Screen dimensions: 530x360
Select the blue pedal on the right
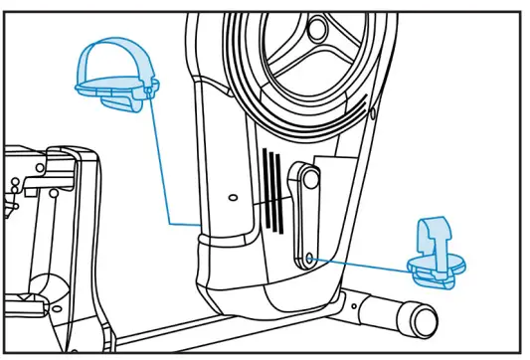click(x=437, y=257)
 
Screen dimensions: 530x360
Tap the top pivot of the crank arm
click(x=304, y=180)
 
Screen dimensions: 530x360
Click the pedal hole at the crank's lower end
click(x=309, y=258)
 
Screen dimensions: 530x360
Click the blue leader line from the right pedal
click(x=363, y=262)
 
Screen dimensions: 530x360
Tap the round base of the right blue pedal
click(x=439, y=267)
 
